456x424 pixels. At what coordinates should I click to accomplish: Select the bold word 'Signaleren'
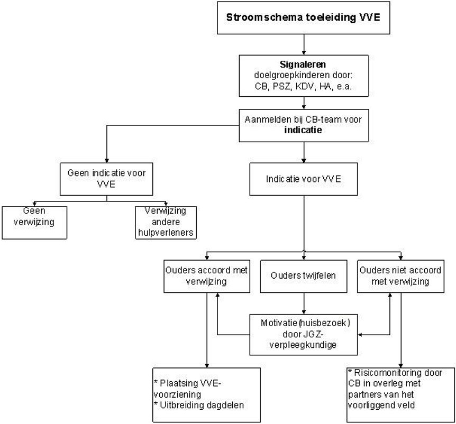(x=303, y=66)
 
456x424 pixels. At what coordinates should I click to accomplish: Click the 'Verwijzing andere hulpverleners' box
(x=166, y=222)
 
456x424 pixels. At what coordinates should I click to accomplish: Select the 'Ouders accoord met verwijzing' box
(x=206, y=275)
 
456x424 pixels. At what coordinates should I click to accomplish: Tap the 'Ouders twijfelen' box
(x=303, y=275)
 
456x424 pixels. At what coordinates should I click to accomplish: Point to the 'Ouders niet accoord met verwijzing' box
(x=400, y=275)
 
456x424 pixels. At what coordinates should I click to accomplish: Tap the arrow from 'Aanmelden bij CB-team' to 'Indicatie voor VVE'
(x=303, y=152)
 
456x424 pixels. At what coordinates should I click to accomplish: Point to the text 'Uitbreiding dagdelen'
(x=202, y=405)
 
